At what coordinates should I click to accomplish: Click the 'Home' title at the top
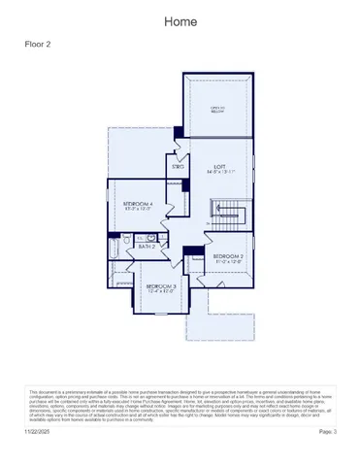coord(180,20)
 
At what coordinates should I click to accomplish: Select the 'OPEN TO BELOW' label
coord(218,110)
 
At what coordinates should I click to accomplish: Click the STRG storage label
coord(179,167)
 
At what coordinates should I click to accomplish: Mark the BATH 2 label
coord(147,248)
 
